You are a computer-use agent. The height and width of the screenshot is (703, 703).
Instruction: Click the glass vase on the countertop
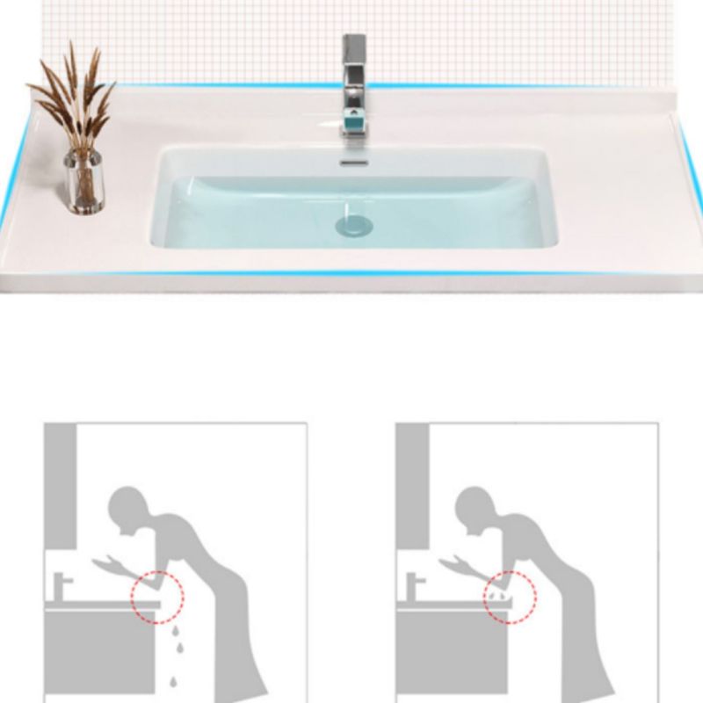click(83, 182)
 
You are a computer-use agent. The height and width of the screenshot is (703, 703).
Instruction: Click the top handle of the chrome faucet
click(354, 53)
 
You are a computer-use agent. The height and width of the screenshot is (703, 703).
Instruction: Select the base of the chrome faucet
click(354, 130)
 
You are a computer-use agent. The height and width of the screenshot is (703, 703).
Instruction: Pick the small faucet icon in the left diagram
click(62, 585)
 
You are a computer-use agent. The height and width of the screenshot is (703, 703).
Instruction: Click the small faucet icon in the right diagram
click(413, 585)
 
